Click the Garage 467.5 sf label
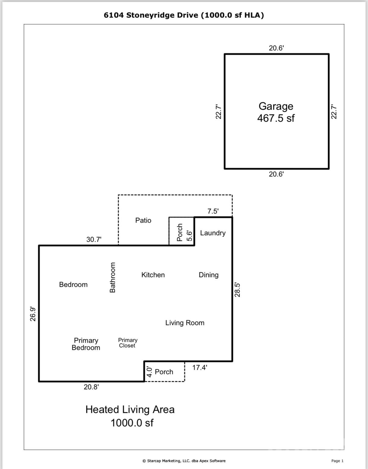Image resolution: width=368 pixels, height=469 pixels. point(276,112)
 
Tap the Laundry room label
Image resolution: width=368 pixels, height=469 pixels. point(213,233)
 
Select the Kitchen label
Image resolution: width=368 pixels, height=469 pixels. point(153,275)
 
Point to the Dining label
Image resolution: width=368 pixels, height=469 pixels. point(209,275)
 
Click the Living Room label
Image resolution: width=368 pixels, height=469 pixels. point(185,323)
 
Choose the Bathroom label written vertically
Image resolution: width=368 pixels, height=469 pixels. point(113,277)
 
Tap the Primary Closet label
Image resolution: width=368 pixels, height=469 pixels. point(127,343)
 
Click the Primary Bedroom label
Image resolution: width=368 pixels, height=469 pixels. point(86,344)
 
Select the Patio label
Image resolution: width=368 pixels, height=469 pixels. point(143,220)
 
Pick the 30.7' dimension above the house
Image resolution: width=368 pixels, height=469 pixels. point(94,239)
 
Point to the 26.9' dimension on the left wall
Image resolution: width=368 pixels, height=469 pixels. point(33,314)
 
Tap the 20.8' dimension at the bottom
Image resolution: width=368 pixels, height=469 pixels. point(91,387)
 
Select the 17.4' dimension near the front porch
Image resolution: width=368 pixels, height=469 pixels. point(200,368)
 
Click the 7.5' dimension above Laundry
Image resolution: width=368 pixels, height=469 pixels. point(213,211)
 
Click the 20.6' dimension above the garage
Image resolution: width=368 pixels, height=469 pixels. point(276,48)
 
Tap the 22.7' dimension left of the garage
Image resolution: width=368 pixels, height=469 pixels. point(218,111)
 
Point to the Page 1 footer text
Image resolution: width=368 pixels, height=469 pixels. point(337,461)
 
